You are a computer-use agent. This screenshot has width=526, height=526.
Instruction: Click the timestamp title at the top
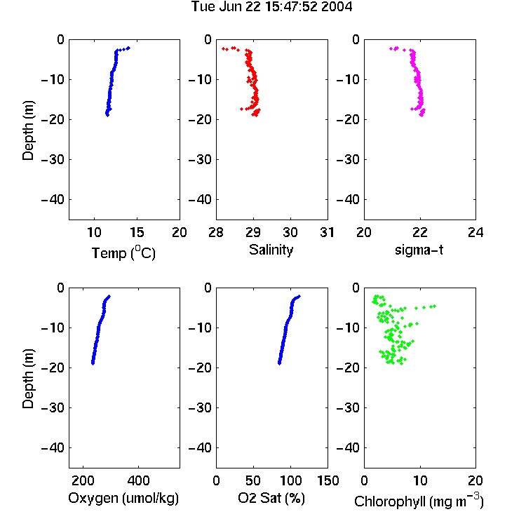[271, 6]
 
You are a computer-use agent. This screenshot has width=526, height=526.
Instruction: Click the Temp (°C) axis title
[123, 252]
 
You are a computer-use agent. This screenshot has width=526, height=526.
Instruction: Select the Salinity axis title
[271, 250]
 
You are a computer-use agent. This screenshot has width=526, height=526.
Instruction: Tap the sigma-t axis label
[419, 250]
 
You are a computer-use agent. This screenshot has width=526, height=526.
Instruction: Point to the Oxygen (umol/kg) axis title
[123, 499]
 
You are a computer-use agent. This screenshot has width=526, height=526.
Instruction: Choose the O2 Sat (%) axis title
[271, 498]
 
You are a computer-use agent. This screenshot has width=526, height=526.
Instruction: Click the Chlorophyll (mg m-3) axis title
[419, 501]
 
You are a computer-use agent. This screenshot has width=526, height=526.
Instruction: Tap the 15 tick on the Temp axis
[137, 232]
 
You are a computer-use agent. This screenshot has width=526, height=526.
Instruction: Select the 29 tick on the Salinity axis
[253, 232]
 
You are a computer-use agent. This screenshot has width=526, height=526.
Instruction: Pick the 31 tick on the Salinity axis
[327, 232]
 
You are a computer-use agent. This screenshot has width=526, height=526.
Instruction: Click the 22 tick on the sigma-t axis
[419, 232]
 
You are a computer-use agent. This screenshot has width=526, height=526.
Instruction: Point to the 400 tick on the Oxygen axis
[138, 480]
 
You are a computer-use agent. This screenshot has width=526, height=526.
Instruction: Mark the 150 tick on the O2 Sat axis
[328, 480]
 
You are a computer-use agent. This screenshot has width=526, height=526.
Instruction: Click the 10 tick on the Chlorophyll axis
[420, 480]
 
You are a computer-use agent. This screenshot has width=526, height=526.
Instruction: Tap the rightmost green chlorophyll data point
[434, 306]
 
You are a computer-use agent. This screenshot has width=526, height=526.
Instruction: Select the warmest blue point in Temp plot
[128, 48]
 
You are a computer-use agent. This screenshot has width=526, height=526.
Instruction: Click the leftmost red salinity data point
[223, 48]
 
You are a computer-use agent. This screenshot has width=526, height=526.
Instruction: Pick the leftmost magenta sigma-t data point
[391, 48]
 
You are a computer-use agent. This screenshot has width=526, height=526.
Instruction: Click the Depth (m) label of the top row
[28, 130]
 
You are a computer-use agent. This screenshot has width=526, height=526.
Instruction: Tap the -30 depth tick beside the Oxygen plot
[53, 408]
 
